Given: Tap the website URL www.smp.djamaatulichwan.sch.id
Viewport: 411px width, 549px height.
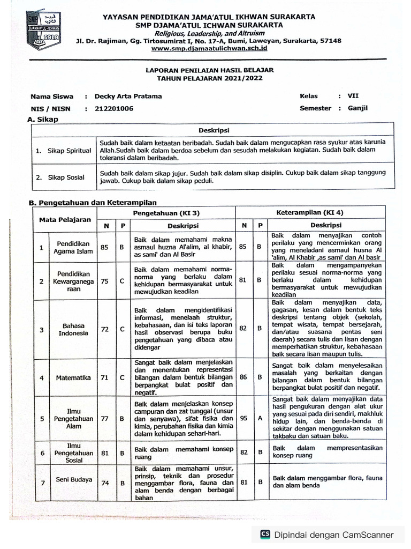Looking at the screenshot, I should click(209, 48).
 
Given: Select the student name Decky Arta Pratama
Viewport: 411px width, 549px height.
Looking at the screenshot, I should click(128, 97).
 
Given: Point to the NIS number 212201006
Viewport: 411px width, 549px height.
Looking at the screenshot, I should click(114, 108).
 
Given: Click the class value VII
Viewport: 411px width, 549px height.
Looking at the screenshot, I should click(353, 96).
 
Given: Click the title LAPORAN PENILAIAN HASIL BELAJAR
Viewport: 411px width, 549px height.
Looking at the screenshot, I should click(209, 70).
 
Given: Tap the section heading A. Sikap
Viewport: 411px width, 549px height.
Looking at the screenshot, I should click(43, 120).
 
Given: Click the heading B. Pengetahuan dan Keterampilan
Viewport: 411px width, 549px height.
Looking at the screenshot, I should click(92, 203).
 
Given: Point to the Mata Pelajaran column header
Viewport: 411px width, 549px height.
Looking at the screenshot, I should click(65, 219).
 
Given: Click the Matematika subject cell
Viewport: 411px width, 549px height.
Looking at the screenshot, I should click(73, 377).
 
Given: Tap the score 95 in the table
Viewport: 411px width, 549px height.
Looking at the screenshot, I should click(243, 418).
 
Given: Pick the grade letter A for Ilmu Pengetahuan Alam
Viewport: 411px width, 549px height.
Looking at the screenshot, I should click(259, 418).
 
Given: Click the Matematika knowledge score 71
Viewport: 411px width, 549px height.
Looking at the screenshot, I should click(104, 377).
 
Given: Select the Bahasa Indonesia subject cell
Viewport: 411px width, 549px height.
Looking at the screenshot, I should click(73, 329).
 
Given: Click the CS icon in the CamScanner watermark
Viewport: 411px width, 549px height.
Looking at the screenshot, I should click(265, 534).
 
